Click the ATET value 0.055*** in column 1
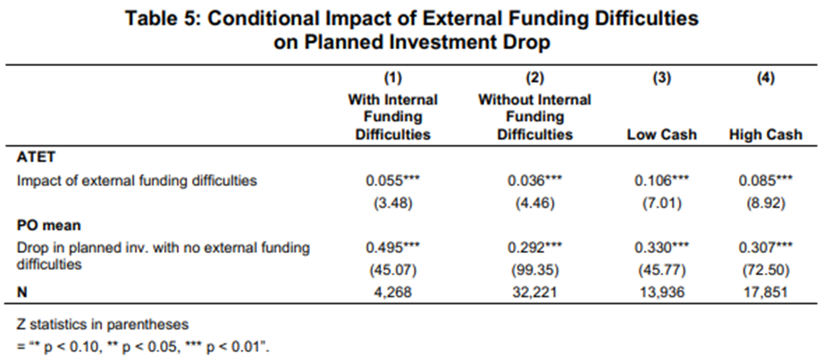392,180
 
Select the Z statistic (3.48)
392,203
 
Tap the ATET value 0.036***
534,180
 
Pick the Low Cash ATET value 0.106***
661,180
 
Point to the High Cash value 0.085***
765,180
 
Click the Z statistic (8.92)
765,203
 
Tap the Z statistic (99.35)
534,270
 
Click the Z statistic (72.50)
765,270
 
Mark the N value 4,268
392,291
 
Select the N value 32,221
534,291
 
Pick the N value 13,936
661,291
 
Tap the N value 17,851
765,291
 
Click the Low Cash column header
661,135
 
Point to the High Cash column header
765,135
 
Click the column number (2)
534,79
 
